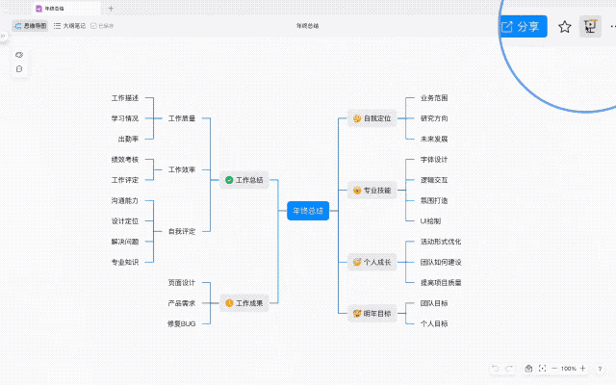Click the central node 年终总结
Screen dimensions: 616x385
(308, 211)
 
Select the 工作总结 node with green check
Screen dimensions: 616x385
(244, 180)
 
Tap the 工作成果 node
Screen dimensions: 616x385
(244, 302)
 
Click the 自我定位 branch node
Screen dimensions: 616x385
(372, 119)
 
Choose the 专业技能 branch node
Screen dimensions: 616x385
(372, 191)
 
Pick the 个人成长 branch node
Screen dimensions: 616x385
(372, 262)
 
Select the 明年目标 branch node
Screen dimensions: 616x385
(372, 313)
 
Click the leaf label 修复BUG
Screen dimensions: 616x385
(182, 322)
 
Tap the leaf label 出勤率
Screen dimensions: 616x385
(128, 139)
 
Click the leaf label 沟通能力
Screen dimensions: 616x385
(125, 200)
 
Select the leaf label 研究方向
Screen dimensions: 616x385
(434, 118)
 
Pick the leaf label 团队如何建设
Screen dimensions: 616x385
(441, 262)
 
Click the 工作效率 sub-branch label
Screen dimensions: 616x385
(182, 169)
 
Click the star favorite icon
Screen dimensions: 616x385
(565, 27)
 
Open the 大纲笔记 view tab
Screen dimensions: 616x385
(69, 26)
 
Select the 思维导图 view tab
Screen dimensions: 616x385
(30, 26)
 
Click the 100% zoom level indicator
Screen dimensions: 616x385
(569, 369)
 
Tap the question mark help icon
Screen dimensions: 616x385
(600, 369)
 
